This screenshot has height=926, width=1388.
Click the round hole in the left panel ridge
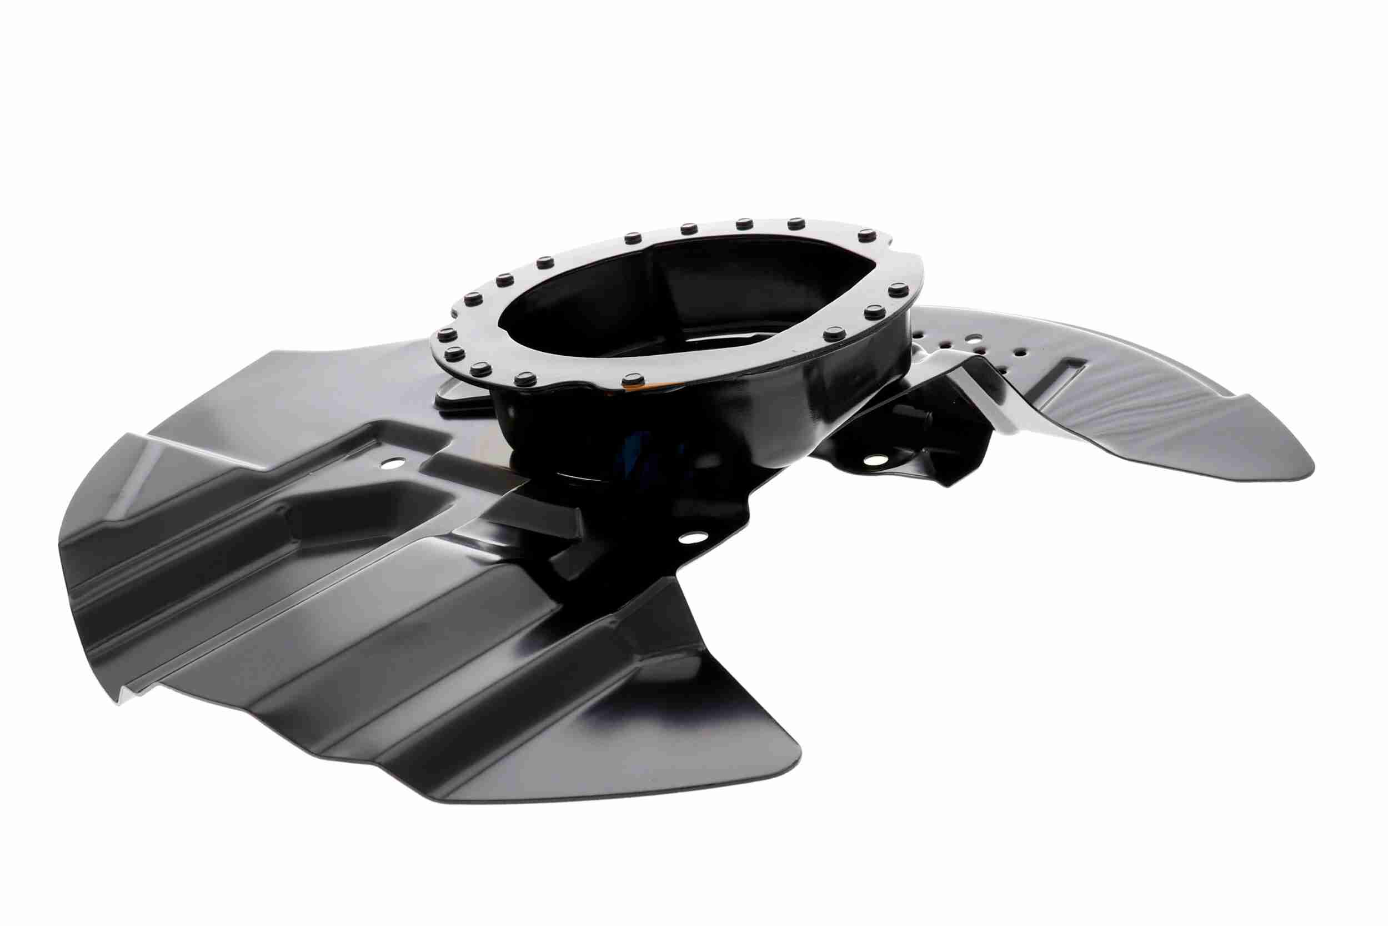388,464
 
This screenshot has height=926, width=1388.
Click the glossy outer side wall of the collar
767,414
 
